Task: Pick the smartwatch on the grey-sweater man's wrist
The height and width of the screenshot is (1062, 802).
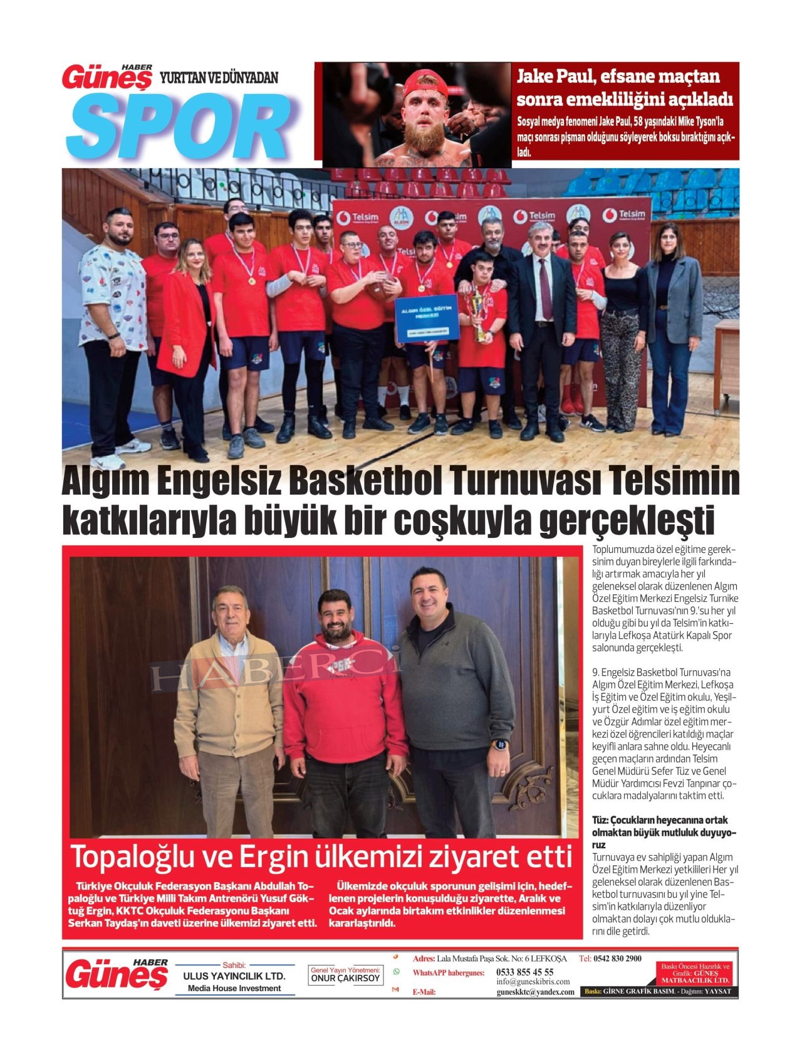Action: click(501, 745)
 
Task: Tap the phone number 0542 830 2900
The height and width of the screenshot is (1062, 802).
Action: click(617, 959)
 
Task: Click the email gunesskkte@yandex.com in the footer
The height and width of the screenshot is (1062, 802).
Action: click(535, 992)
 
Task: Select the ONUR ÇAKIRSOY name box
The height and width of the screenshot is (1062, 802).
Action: click(345, 978)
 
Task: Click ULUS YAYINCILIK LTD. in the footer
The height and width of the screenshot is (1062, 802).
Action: click(234, 976)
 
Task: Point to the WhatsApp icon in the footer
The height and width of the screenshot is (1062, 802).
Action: click(396, 972)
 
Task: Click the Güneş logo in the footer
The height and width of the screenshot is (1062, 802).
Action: click(117, 974)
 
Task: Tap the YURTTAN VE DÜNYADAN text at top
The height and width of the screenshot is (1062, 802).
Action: click(219, 78)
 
